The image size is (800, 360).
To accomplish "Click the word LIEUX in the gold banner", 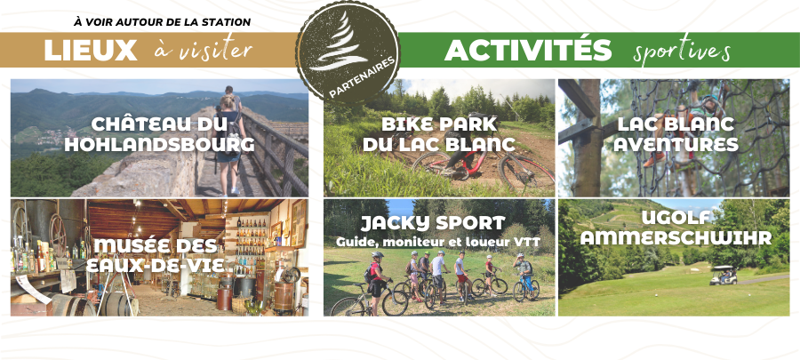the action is tap(91, 50).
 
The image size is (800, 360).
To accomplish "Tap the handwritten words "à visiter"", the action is tap(203, 50).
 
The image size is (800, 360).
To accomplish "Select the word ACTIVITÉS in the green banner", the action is tap(528, 50).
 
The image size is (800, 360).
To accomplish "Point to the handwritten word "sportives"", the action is tap(682, 51).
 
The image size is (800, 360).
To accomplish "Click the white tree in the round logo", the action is tap(340, 43).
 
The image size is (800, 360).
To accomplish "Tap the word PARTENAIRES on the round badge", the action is tap(363, 76).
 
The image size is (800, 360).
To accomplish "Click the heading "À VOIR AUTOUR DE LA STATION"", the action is tap(163, 22).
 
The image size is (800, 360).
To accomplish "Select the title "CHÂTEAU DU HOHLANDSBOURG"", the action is tap(159, 134).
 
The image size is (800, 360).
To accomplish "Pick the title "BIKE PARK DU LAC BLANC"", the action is tap(439, 134).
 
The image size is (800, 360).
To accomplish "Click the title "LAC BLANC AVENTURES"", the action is tap(676, 134).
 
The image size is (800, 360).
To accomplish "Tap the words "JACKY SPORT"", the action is tap(433, 223).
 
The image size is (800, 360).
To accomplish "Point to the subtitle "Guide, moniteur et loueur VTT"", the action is tap(437, 243).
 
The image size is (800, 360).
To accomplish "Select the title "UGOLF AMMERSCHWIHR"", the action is tap(676, 228).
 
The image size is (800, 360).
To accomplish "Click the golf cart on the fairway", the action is tap(724, 275).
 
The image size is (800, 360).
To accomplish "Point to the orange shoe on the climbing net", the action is tap(653, 160).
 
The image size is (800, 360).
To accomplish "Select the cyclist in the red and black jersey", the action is tap(376, 278).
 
